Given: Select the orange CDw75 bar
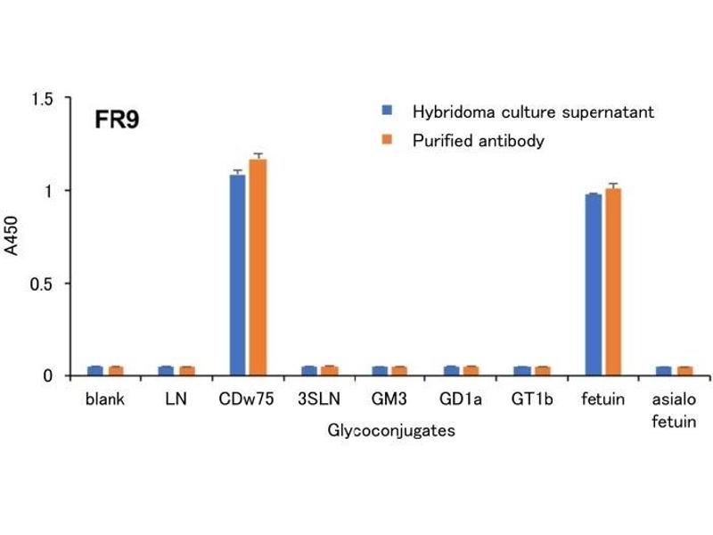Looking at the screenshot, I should coord(258,267).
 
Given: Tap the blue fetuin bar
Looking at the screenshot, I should coord(593,284).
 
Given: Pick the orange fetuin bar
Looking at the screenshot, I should coord(613,282).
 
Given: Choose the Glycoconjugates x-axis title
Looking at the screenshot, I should coord(391,432).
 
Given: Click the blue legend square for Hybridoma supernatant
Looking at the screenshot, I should coord(387,111).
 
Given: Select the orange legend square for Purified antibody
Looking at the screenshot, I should coord(387,140).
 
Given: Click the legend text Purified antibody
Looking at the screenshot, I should coord(478,141).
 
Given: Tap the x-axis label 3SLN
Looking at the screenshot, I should coord(319,399).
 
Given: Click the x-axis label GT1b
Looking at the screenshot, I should coord(532,399).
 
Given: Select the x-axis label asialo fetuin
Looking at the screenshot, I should coord(674,410).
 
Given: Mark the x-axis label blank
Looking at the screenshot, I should coord(105,399).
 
